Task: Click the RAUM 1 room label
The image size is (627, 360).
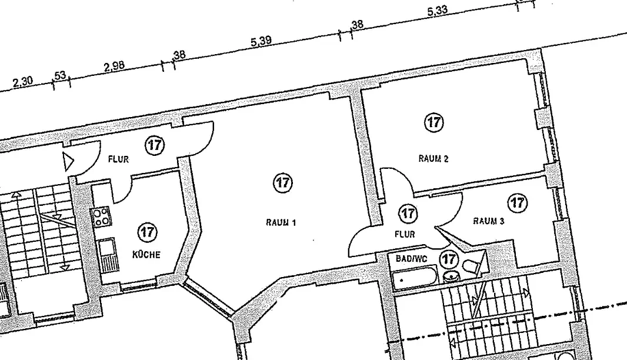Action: click(281, 222)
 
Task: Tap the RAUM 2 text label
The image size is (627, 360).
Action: click(433, 159)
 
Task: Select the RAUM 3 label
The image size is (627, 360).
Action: click(489, 221)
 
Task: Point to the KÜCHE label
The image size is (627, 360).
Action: click(146, 254)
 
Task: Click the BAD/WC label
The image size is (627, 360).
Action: click(412, 259)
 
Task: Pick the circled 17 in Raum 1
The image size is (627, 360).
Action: click(283, 183)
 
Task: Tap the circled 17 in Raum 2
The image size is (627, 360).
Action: click(434, 122)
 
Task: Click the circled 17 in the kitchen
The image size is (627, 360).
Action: click(147, 232)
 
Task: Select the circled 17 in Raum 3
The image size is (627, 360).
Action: click(518, 203)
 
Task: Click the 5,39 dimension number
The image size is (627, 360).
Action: click(261, 41)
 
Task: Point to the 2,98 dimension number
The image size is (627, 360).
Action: click(114, 66)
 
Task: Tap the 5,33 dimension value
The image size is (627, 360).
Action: click(438, 11)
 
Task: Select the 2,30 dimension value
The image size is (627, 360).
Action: click(23, 82)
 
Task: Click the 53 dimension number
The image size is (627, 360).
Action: click(60, 75)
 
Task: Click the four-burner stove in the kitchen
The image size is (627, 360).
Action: click(102, 216)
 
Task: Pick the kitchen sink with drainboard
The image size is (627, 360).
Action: click(107, 255)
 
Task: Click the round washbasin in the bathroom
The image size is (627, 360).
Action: click(452, 276)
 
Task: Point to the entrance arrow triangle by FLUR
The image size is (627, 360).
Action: click(68, 162)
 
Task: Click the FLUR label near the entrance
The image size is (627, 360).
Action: click(118, 159)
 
